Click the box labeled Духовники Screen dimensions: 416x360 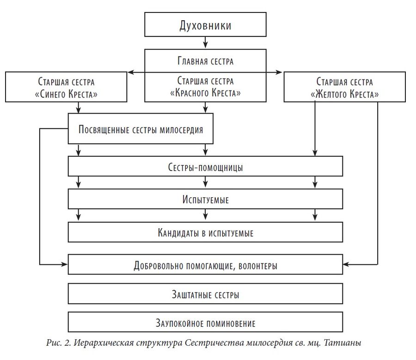(x=205, y=24)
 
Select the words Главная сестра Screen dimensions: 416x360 (x=205, y=61)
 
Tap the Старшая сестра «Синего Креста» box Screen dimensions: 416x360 (x=66, y=87)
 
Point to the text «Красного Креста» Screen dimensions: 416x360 (x=205, y=93)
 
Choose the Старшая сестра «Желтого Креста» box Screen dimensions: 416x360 (x=345, y=87)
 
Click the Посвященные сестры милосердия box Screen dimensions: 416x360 (x=141, y=128)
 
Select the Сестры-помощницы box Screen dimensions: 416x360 (x=205, y=166)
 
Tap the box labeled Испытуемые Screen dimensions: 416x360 (x=205, y=199)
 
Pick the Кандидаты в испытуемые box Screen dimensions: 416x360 (x=205, y=232)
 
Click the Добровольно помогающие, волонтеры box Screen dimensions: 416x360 (x=205, y=264)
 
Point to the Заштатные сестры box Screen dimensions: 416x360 (x=205, y=293)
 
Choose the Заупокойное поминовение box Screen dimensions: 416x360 (x=205, y=322)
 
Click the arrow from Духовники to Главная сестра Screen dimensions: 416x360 (x=205, y=43)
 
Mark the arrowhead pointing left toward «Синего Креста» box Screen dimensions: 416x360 (x=130, y=72)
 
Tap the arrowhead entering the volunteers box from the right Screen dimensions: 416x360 (x=346, y=264)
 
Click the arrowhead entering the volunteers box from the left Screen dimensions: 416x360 (x=64, y=264)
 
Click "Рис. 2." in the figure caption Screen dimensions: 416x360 (x=58, y=343)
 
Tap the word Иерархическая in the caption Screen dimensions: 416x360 (x=104, y=343)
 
